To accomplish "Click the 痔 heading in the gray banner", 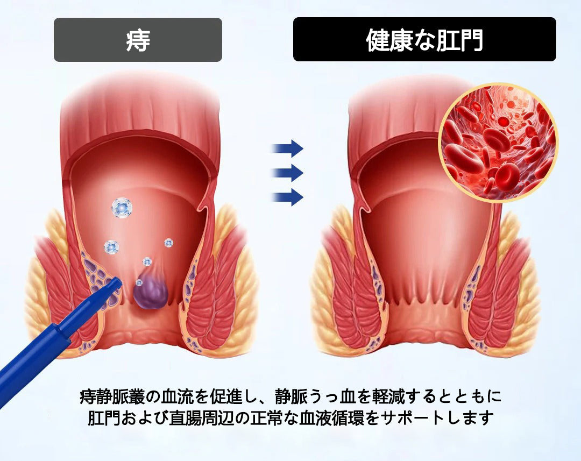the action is (138, 40).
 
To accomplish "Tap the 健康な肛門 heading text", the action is (424, 40).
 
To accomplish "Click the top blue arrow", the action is (288, 149).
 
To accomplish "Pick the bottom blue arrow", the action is (288, 197).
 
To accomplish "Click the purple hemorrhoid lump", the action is (151, 292).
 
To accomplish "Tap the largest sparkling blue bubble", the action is (122, 208).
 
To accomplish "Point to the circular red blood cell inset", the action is (498, 143).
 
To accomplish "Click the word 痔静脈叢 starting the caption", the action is (111, 397).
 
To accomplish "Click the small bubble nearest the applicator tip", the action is (139, 283).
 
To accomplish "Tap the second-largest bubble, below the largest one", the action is (111, 247).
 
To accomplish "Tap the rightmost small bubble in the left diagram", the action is (168, 243).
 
